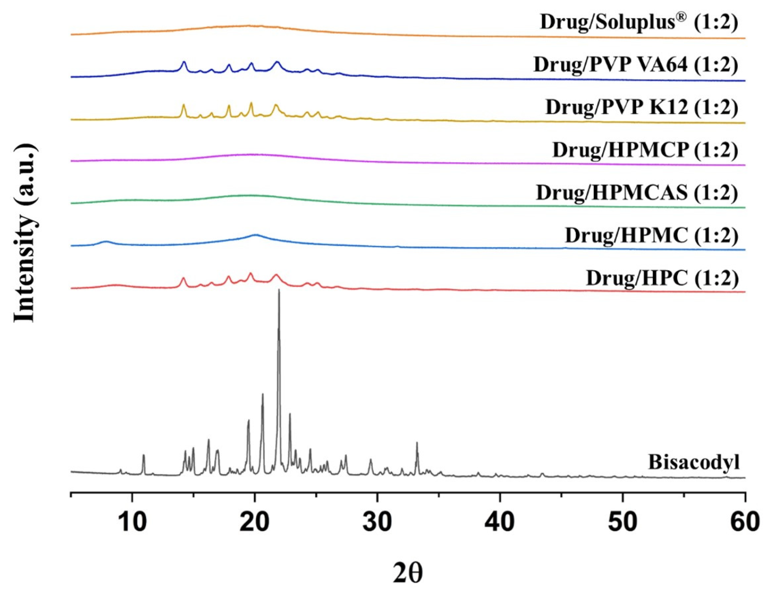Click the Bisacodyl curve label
point(694,462)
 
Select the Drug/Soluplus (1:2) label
point(639,22)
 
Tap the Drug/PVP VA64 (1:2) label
point(635,64)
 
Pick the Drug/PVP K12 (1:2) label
point(641,107)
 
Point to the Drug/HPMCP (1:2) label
point(645,150)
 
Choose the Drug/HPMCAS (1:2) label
point(637,192)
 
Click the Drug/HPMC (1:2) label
point(651,235)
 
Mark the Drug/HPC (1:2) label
point(662,278)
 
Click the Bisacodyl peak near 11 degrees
point(144,456)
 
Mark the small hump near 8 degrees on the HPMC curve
point(105,242)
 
